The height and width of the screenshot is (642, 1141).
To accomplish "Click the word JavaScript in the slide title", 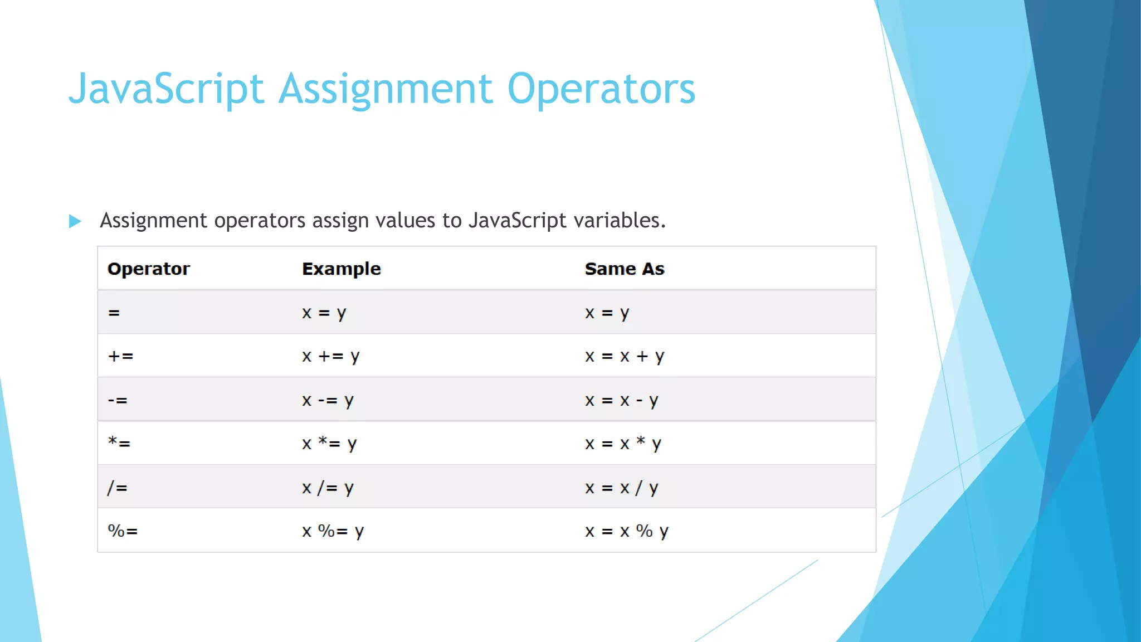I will pyautogui.click(x=166, y=89).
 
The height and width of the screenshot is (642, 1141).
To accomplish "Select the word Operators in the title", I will pyautogui.click(x=601, y=89).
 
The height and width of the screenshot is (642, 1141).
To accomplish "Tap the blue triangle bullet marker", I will pyautogui.click(x=75, y=221).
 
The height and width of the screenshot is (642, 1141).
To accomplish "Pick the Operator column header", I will pyautogui.click(x=148, y=269).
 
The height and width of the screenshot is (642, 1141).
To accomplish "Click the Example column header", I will pyautogui.click(x=341, y=269).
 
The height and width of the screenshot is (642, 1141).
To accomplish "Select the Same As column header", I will pyautogui.click(x=624, y=269).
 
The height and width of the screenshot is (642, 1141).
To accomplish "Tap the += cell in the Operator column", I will pyautogui.click(x=121, y=356).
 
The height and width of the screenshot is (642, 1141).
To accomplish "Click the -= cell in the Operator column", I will pyautogui.click(x=118, y=400).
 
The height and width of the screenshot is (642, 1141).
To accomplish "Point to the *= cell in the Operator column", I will pyautogui.click(x=119, y=444).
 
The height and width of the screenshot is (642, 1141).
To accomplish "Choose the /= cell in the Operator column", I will pyautogui.click(x=118, y=488).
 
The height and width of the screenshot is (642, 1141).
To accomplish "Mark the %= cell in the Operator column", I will pyautogui.click(x=123, y=531).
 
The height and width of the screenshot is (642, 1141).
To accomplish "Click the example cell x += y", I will pyautogui.click(x=330, y=356).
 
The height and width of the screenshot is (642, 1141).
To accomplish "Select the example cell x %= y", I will pyautogui.click(x=333, y=531).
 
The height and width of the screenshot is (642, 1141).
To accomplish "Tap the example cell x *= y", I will pyautogui.click(x=329, y=444).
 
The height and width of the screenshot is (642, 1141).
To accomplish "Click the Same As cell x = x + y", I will pyautogui.click(x=624, y=356).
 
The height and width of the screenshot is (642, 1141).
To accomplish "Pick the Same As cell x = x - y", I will pyautogui.click(x=621, y=400).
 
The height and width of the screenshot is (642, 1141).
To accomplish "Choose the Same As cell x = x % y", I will pyautogui.click(x=626, y=531).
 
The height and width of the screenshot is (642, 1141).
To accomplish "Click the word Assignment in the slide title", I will pyautogui.click(x=385, y=89).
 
